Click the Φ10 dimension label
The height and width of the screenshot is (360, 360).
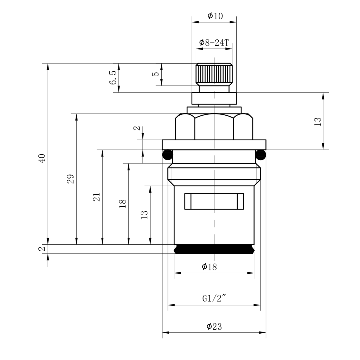pos(215,16)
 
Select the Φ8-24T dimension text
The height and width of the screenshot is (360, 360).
pos(214,43)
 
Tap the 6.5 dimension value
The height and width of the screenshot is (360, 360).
pos(113,78)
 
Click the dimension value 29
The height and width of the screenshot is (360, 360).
pos(71,179)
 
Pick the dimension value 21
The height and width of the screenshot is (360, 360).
pos(97,197)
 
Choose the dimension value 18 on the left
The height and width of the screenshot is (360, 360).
pos(123,204)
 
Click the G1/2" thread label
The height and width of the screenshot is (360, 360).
pos(214,298)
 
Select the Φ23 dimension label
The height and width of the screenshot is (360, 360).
pos(214,326)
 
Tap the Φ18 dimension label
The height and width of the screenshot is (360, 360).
pos(209,267)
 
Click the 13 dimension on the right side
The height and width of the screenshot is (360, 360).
pos(317,122)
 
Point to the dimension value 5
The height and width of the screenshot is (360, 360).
pos(156,74)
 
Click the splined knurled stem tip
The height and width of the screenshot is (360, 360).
pos(214,74)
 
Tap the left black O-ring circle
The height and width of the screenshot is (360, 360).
pos(168,155)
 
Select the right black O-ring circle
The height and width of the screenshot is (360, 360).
pos(261,155)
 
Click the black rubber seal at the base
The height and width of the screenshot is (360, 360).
pos(214,249)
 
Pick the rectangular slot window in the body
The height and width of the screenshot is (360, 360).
pos(214,201)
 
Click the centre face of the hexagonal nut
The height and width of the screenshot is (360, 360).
pos(214,127)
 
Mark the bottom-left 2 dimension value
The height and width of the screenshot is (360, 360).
pos(42,249)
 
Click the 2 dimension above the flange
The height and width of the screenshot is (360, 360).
pos(137,128)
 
